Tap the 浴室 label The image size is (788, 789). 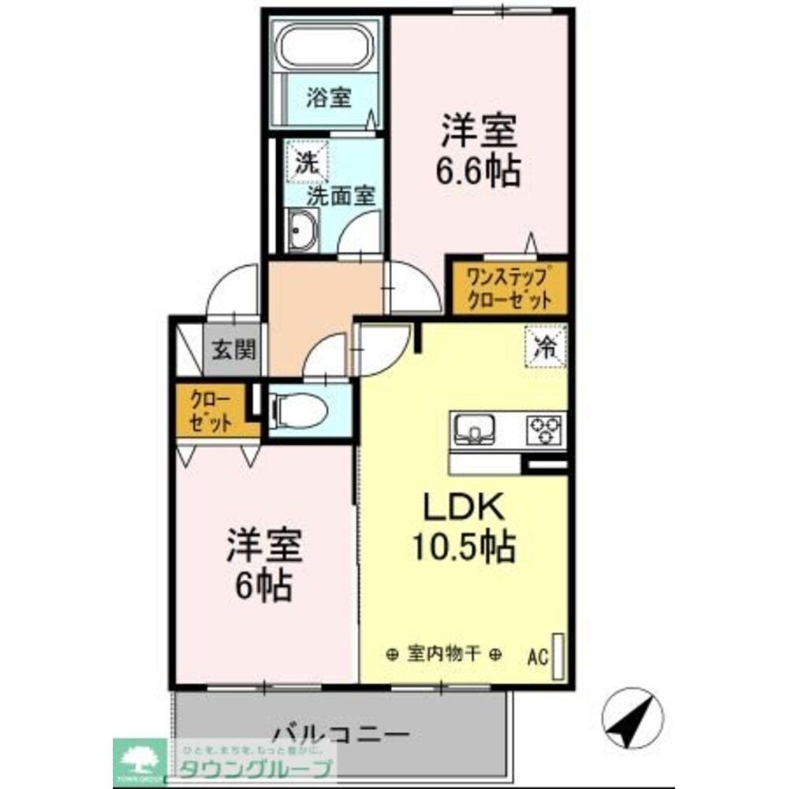pyautogui.click(x=329, y=99)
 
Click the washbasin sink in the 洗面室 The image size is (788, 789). pyautogui.click(x=301, y=234)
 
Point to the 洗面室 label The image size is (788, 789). pyautogui.click(x=340, y=196)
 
